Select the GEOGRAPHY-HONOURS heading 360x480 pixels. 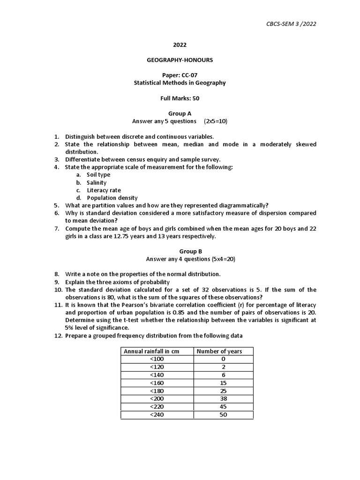(x=180, y=60)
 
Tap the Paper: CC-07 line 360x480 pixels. (x=180, y=75)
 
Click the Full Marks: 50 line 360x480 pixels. (x=180, y=98)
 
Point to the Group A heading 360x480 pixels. (x=180, y=113)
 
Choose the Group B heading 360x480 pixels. (x=180, y=251)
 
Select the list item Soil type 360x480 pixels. (x=98, y=175)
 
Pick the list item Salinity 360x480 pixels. (x=97, y=182)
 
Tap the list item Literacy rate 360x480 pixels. (x=104, y=190)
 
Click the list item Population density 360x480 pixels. (x=112, y=198)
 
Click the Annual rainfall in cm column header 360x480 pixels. (x=151, y=351)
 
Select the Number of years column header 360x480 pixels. (x=219, y=351)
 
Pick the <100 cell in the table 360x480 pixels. (x=157, y=359)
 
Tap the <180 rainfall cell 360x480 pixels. (x=157, y=391)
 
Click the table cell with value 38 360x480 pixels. (x=223, y=399)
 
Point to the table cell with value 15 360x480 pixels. (x=223, y=383)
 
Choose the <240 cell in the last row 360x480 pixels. (x=157, y=415)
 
